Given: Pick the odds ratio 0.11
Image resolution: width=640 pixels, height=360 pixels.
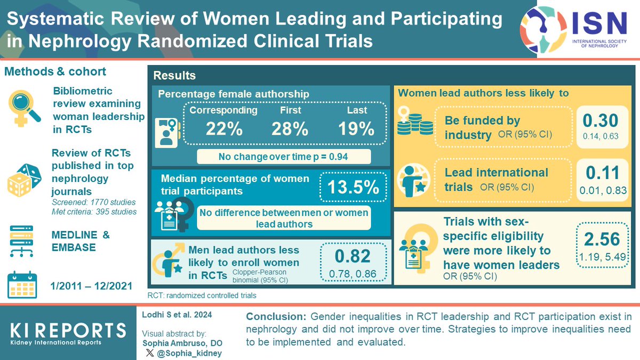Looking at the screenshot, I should click(x=602, y=173).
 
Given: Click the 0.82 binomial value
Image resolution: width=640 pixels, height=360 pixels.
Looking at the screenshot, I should click(x=353, y=257).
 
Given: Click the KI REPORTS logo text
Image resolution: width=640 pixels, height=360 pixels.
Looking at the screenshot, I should click(x=69, y=330).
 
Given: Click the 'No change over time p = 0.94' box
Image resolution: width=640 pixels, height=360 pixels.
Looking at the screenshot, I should click(x=283, y=157).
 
